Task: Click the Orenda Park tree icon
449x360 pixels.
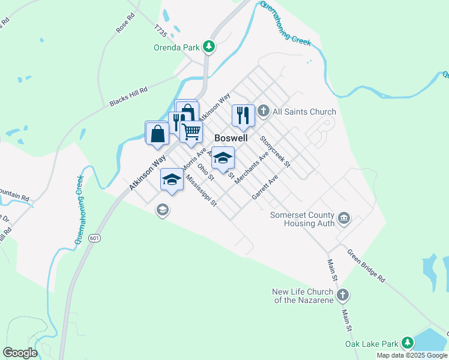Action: pyautogui.click(x=208, y=46)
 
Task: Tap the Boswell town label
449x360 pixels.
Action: pyautogui.click(x=231, y=137)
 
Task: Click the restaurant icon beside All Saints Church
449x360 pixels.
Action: pyautogui.click(x=243, y=114)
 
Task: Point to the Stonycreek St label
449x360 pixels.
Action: pyautogui.click(x=275, y=151)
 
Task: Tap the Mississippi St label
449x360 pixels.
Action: pyautogui.click(x=200, y=191)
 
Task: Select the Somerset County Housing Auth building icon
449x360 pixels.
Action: pyautogui.click(x=344, y=218)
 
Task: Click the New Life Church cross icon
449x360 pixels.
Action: pyautogui.click(x=343, y=295)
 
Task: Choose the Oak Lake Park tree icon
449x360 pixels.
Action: pyautogui.click(x=408, y=343)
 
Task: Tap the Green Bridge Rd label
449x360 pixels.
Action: pyautogui.click(x=366, y=265)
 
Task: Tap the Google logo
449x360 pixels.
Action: pyautogui.click(x=20, y=353)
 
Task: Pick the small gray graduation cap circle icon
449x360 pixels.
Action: pyautogui.click(x=161, y=209)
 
